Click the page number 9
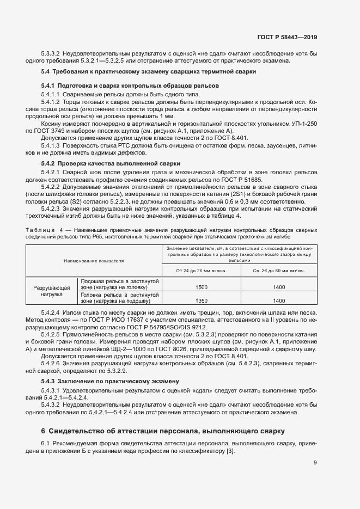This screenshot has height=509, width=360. [x=315, y=463]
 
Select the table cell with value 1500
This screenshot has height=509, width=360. [x=202, y=287]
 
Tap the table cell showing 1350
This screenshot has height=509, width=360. [x=202, y=300]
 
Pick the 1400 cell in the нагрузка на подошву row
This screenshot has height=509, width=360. [x=279, y=300]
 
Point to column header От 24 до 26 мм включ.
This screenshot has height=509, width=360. [x=202, y=271]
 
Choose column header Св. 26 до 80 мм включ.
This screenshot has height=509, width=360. [x=279, y=271]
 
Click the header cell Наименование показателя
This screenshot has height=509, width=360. [x=94, y=261]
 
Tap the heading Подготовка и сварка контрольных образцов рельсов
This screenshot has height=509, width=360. [x=130, y=86]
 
